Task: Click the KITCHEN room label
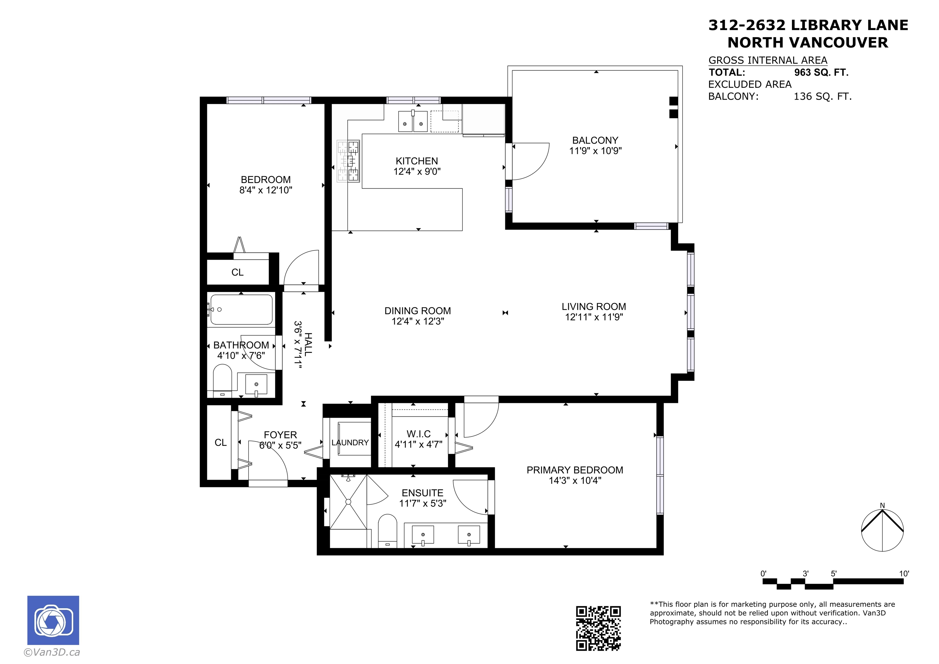[417, 161]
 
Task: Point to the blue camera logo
[53, 620]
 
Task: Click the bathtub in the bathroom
[241, 310]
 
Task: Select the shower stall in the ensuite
[348, 502]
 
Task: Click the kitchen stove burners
[348, 161]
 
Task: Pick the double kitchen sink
[413, 121]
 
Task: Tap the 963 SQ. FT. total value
[821, 73]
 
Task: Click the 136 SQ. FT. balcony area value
[823, 97]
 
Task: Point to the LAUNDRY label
[350, 443]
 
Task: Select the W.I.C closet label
[418, 434]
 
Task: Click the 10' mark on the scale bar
[904, 574]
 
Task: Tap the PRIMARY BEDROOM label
[575, 470]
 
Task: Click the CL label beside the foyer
[220, 443]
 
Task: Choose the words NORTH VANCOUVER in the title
[808, 42]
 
